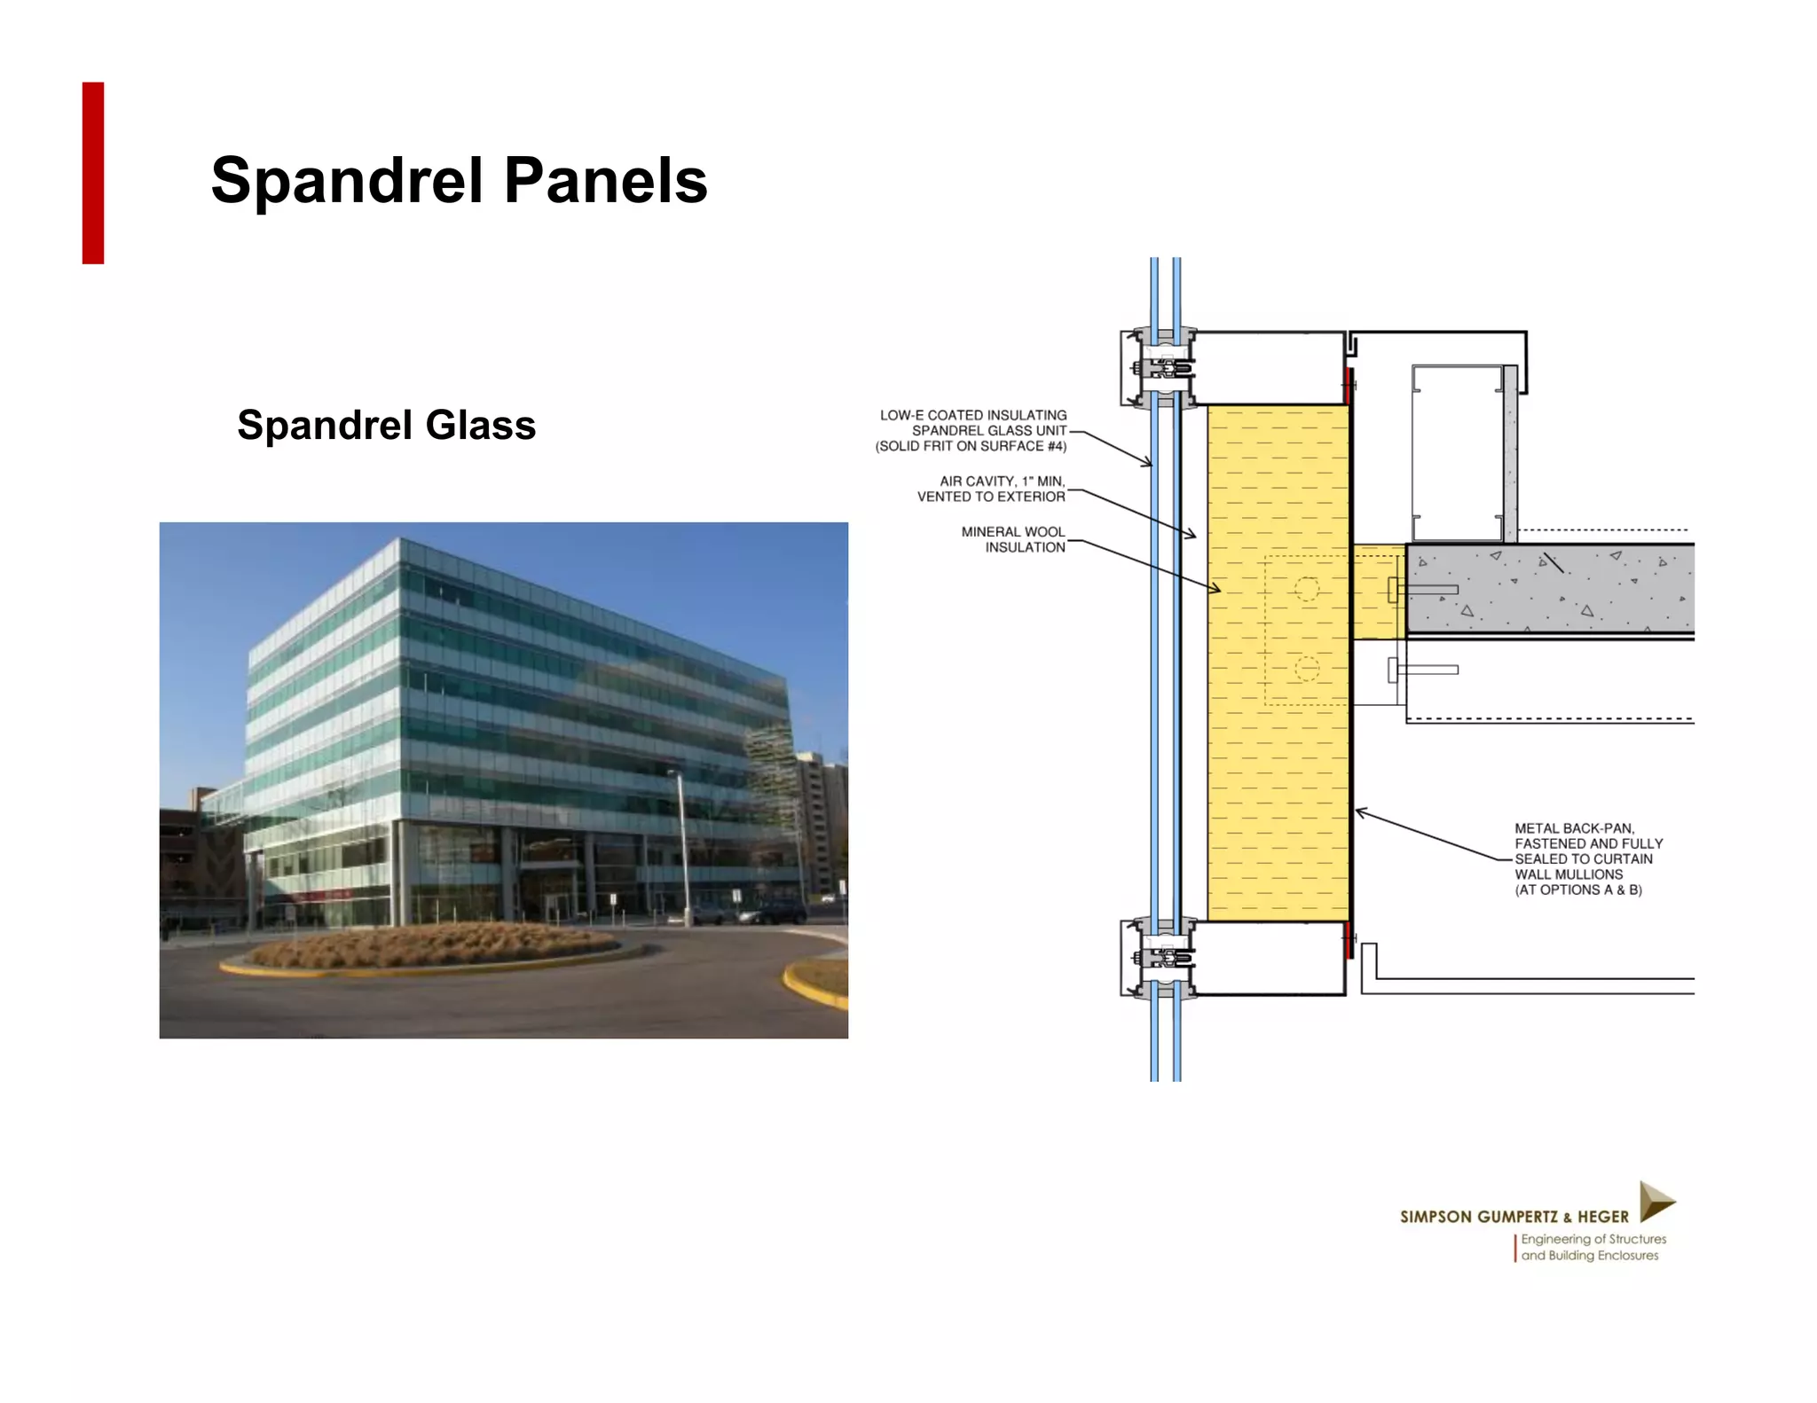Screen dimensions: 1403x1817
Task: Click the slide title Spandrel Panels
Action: (459, 181)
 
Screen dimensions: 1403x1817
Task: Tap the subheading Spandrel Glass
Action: (386, 425)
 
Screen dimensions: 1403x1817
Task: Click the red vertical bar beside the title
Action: (93, 173)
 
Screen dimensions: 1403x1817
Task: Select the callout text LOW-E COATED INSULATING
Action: (973, 415)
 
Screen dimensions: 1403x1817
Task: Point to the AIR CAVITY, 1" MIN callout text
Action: (1002, 482)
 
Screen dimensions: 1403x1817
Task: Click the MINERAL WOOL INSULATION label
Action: (1013, 539)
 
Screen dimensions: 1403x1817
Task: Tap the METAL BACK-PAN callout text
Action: (1574, 828)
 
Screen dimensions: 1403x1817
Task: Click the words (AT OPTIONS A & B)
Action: (1577, 890)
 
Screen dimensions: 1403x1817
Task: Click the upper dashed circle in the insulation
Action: (1307, 589)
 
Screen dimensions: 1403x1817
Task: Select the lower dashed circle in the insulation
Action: (1307, 669)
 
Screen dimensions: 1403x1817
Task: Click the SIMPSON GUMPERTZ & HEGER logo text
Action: (1514, 1217)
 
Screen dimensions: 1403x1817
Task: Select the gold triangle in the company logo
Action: (1655, 1202)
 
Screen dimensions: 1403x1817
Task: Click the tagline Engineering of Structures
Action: (1593, 1239)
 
